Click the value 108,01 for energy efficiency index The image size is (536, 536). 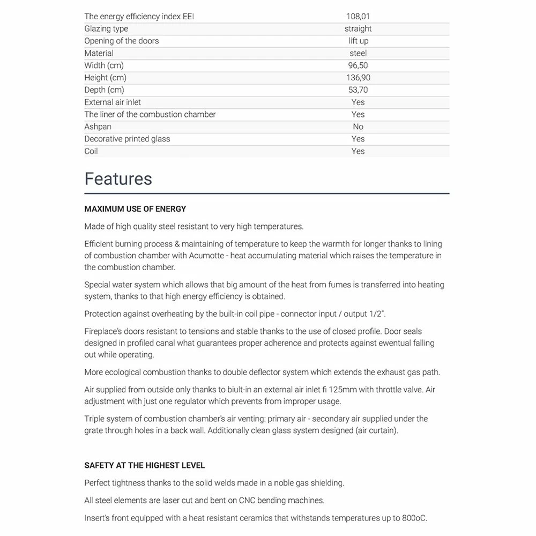click(x=358, y=17)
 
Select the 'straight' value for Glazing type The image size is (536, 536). click(x=358, y=29)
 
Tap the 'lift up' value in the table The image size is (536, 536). click(x=358, y=41)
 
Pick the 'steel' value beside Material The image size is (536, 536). click(x=358, y=54)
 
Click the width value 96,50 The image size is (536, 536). click(x=358, y=66)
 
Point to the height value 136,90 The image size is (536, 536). click(x=358, y=78)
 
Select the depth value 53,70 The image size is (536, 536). click(x=358, y=90)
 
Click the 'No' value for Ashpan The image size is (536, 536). click(x=358, y=127)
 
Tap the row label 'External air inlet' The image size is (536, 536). click(x=113, y=102)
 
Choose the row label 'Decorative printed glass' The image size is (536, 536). click(x=127, y=139)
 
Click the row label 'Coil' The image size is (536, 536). click(x=91, y=152)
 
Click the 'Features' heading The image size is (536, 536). click(x=118, y=179)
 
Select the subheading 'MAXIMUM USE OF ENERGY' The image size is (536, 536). click(x=135, y=209)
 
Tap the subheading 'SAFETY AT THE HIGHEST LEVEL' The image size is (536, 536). click(x=145, y=466)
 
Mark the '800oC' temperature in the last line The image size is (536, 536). click(x=413, y=519)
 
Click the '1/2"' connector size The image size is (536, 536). click(x=380, y=314)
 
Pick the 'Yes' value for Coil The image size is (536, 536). click(x=358, y=152)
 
